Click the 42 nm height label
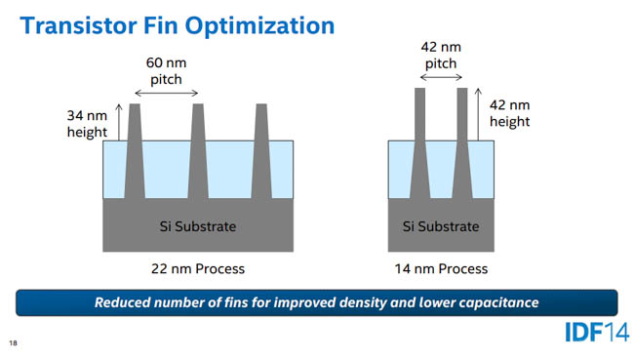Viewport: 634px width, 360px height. coord(509,113)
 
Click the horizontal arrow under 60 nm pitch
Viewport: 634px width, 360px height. coord(166,93)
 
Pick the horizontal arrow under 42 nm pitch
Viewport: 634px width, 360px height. coord(439,76)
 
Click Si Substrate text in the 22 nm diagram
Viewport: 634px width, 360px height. coord(198,226)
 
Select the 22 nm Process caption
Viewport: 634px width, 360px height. coord(198,268)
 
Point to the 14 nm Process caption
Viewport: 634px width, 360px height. coord(441,268)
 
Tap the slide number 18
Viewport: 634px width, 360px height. coord(13,343)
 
